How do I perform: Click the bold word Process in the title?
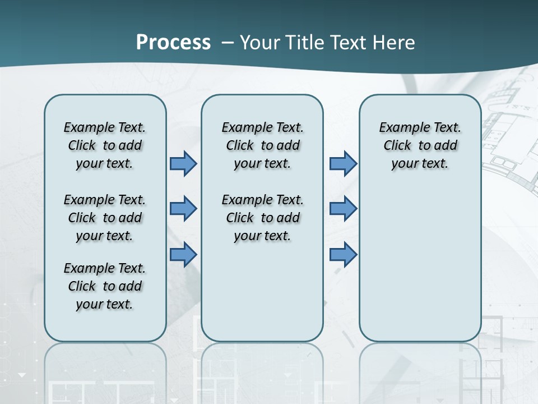pyautogui.click(x=173, y=43)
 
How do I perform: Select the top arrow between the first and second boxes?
pyautogui.click(x=183, y=164)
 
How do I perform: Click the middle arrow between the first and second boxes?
pyautogui.click(x=183, y=209)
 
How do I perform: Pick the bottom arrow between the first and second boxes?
pyautogui.click(x=183, y=255)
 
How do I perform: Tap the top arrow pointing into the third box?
pyautogui.click(x=343, y=164)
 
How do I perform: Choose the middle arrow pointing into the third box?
pyautogui.click(x=343, y=209)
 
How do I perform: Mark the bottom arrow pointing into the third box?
pyautogui.click(x=343, y=255)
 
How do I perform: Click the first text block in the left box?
pyautogui.click(x=105, y=145)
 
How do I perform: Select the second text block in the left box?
pyautogui.click(x=105, y=218)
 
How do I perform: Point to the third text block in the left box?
pyautogui.click(x=105, y=286)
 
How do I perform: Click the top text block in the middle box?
pyautogui.click(x=262, y=145)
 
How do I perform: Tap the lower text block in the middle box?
pyautogui.click(x=262, y=218)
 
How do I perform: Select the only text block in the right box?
pyautogui.click(x=420, y=145)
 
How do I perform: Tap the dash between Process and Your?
pyautogui.click(x=227, y=43)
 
